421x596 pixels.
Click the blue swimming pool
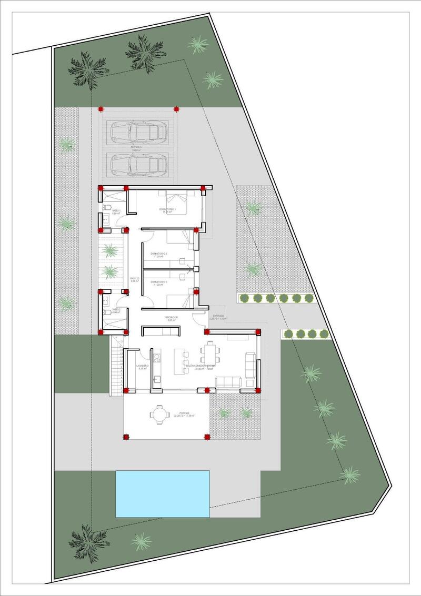[x=163, y=493]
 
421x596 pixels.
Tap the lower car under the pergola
[x=138, y=165]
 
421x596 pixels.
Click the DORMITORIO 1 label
[x=168, y=210]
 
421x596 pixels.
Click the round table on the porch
[x=159, y=415]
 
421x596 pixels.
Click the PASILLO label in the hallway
[x=134, y=279]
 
